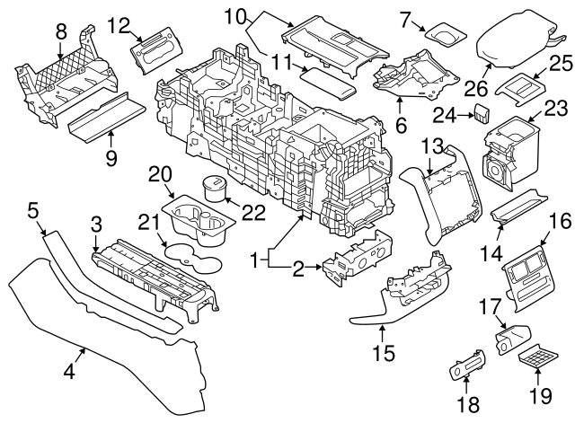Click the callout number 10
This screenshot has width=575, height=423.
click(234, 15)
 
